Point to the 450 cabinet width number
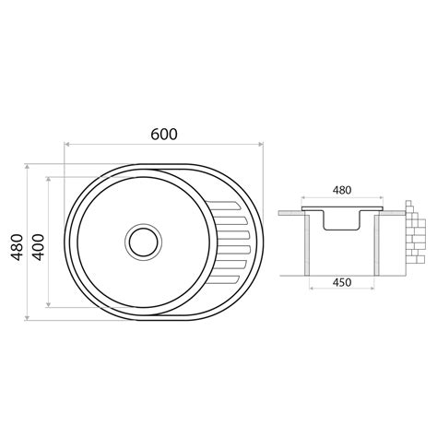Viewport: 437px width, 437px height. pyautogui.click(x=341, y=282)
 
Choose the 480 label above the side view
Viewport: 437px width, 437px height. pyautogui.click(x=341, y=191)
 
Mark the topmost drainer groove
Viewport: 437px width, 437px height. pyautogui.click(x=230, y=203)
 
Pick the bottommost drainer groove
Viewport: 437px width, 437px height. pyautogui.click(x=230, y=278)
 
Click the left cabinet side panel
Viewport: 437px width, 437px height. pyautogui.click(x=306, y=244)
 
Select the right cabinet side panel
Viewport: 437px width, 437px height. pyautogui.click(x=376, y=244)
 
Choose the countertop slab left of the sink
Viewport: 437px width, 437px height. pyautogui.click(x=290, y=212)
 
